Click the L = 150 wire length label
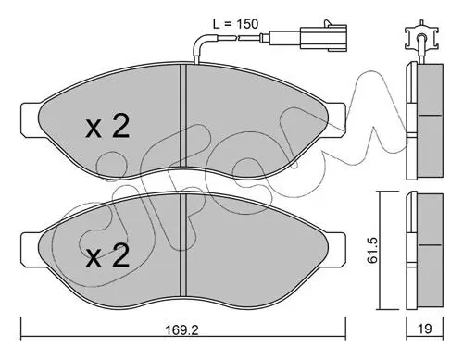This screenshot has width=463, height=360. [235, 24]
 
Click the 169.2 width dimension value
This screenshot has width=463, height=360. [182, 329]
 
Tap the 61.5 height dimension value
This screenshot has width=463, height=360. [372, 250]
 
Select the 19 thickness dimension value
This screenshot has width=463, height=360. [425, 329]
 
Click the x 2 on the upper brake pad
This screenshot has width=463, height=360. [107, 127]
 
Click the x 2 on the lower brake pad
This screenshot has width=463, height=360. [107, 255]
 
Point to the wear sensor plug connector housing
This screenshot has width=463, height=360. [323, 38]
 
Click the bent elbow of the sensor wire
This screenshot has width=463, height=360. [199, 43]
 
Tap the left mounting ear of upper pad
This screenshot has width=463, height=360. [30, 120]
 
